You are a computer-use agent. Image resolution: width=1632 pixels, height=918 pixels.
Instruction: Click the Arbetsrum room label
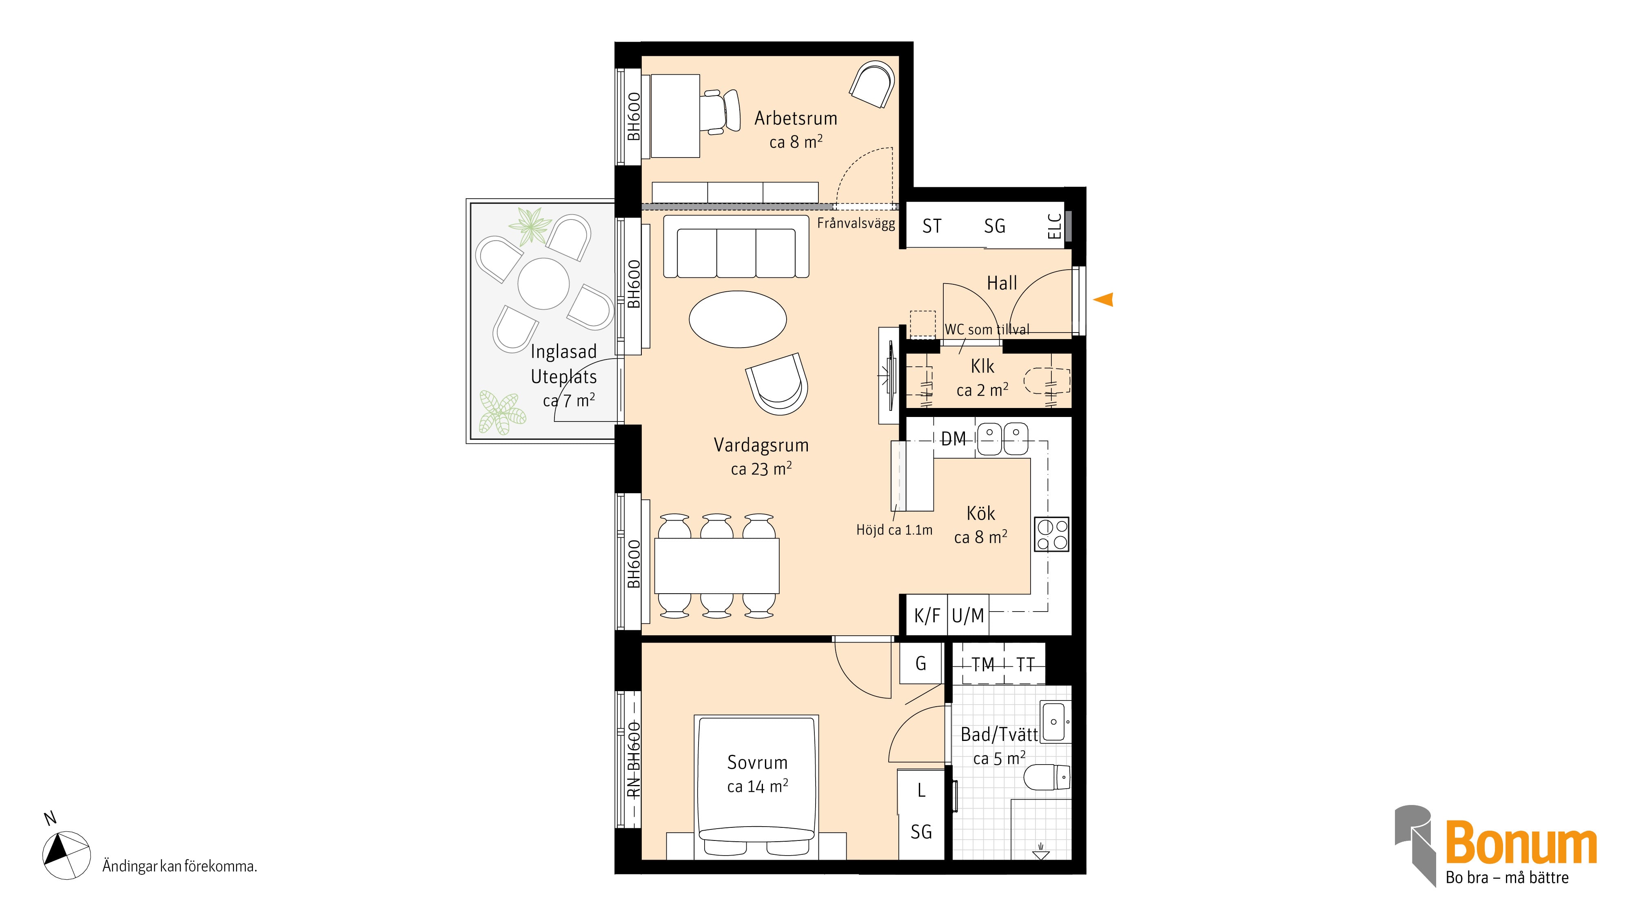796,118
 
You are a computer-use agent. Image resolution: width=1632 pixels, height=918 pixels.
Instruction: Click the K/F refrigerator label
927,615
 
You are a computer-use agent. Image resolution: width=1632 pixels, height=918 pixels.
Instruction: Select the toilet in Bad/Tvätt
1047,777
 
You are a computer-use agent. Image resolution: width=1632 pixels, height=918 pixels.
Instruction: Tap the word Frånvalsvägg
856,223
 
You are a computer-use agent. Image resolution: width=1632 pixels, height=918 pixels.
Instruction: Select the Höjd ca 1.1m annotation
894,530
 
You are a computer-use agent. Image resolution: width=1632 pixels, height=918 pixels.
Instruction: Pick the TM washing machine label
982,665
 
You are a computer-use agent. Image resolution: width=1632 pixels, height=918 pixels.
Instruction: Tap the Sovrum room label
757,762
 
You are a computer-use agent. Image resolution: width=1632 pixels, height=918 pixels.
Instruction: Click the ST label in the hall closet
931,226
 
